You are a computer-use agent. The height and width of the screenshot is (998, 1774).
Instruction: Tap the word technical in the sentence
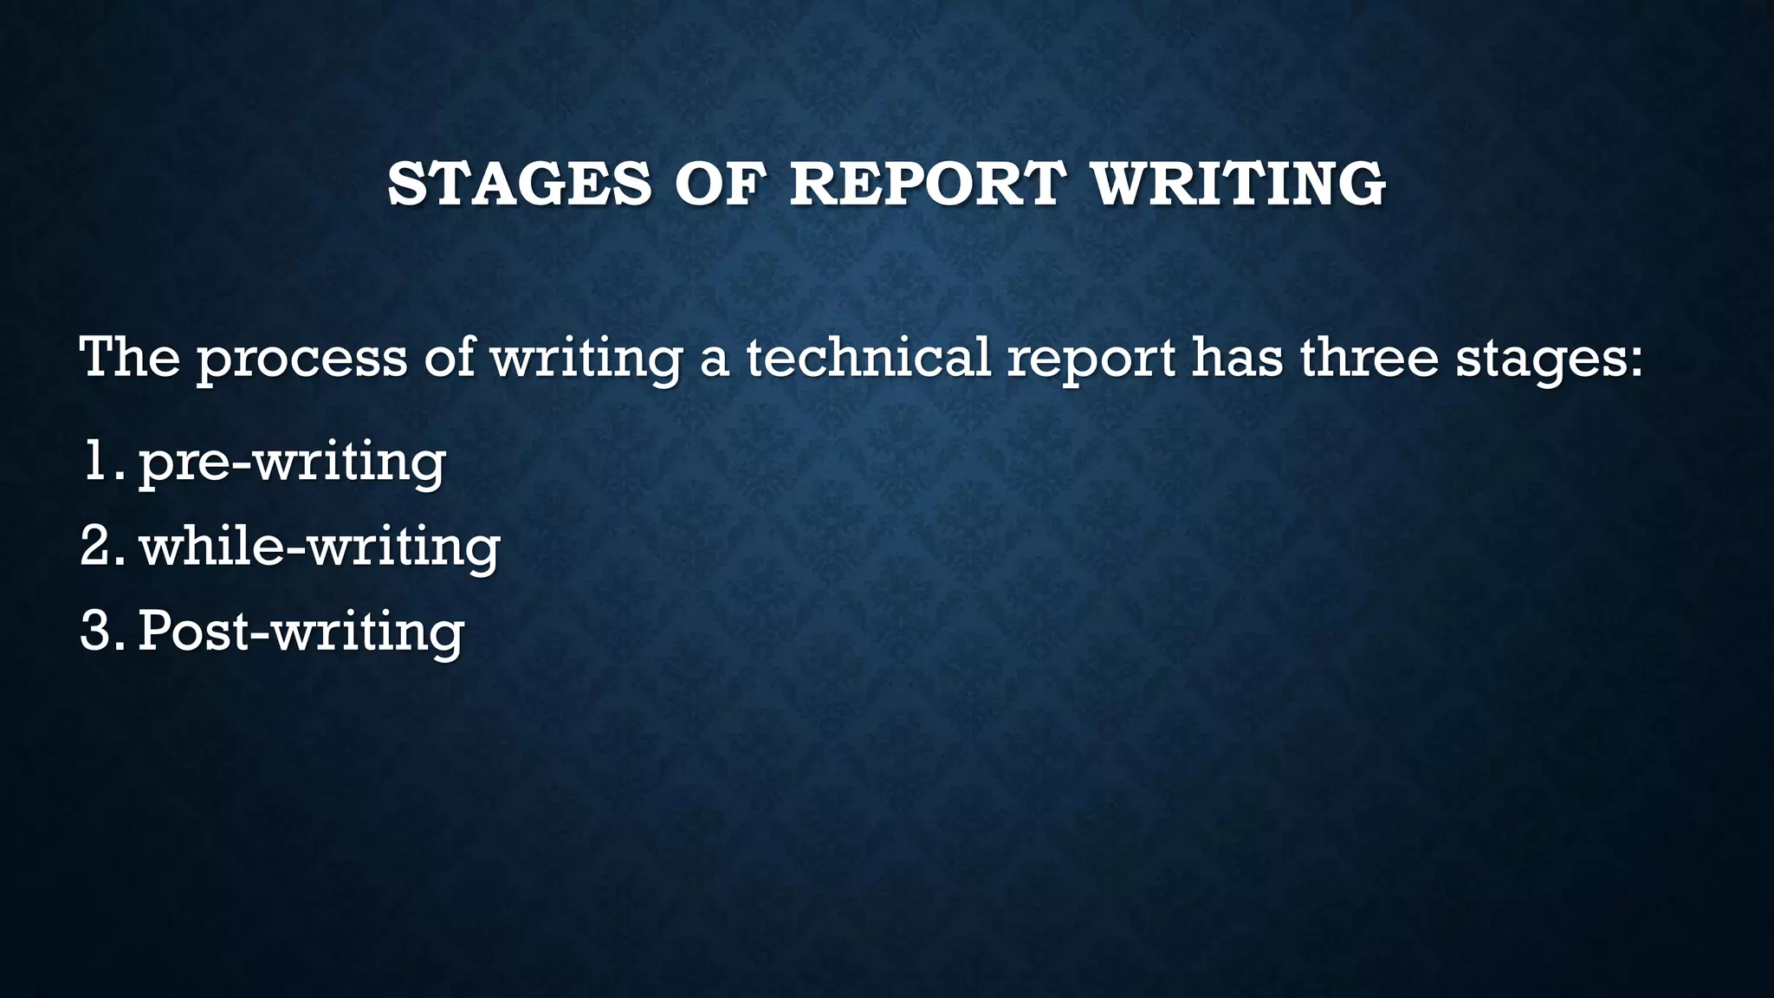pos(868,356)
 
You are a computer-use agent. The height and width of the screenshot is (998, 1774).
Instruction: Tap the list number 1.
pos(100,461)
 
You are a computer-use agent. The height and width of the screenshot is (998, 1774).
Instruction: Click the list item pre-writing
pos(292,463)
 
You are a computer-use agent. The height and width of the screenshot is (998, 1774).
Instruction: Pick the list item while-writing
pos(320,548)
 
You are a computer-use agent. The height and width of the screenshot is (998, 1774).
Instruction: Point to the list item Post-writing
pos(301,632)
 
